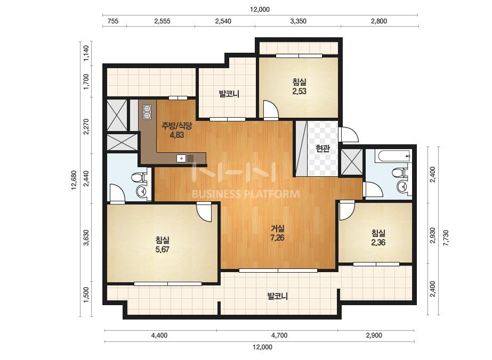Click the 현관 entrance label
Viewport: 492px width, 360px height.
tap(322, 149)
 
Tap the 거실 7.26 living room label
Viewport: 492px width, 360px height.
tap(277, 233)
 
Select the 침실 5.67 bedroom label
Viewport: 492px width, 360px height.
tap(162, 245)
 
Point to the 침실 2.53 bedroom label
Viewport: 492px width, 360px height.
tap(300, 87)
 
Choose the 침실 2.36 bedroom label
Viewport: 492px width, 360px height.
tap(378, 238)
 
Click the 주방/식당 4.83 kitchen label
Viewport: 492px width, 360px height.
tap(176, 130)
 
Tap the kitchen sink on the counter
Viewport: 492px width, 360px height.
tap(182, 158)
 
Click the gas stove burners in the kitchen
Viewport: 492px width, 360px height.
tap(147, 112)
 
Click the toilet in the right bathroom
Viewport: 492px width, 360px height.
tap(400, 173)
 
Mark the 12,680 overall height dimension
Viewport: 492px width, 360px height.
tap(74, 180)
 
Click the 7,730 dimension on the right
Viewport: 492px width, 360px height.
tap(446, 238)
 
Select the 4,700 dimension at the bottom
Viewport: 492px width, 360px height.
tap(279, 336)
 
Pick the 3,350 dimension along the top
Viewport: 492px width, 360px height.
tap(298, 21)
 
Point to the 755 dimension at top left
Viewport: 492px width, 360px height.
tap(113, 21)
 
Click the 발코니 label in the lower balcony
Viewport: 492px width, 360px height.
tap(277, 296)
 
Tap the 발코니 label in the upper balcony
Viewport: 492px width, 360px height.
tap(229, 93)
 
